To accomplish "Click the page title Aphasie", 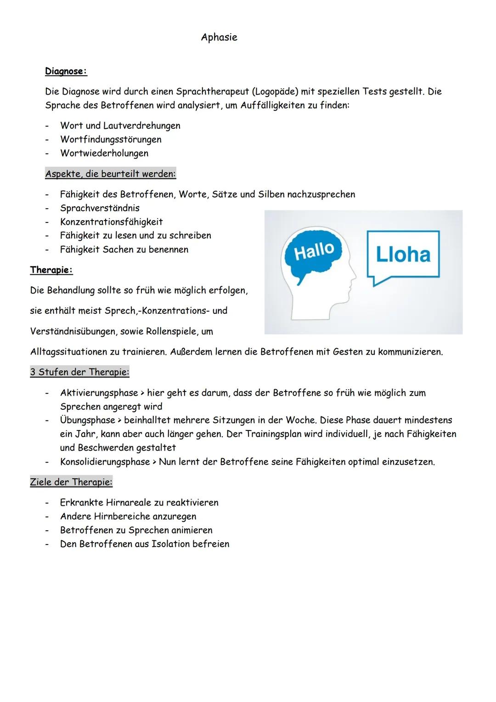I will (219, 37).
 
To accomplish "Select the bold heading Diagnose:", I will (66, 71).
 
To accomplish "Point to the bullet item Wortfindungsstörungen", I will (111, 139).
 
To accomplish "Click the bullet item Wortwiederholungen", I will (104, 153).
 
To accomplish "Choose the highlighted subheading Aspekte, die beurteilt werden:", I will (110, 174).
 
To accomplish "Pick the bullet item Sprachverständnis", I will (100, 208).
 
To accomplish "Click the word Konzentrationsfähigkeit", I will (111, 222).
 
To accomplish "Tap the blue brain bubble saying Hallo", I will (314, 252).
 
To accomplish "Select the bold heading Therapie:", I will (51, 270).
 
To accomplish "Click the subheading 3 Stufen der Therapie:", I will (79, 372).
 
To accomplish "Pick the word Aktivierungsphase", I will (99, 393).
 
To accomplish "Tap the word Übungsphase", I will (87, 420).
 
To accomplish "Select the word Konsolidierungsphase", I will (105, 462).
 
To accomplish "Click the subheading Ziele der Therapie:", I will (71, 482).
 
